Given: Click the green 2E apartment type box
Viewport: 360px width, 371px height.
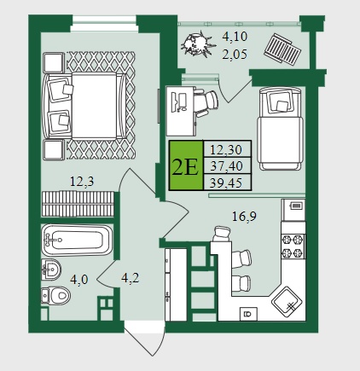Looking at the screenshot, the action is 186,165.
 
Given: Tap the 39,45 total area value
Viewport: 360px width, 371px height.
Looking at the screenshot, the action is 226,183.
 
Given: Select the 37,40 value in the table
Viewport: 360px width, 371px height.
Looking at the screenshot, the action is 227,165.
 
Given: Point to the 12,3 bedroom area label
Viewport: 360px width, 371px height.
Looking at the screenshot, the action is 82,181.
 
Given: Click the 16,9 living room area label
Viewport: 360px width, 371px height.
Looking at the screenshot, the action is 244,217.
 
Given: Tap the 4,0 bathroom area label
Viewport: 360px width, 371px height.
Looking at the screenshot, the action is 79,280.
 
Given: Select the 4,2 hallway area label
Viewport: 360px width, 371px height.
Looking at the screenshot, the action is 131,278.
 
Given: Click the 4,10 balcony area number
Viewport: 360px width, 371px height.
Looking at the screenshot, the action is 235,37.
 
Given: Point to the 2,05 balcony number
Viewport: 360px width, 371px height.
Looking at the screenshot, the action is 235,54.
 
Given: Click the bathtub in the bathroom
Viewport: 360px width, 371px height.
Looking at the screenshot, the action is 77,241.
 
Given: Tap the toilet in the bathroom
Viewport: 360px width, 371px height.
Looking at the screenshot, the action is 55,296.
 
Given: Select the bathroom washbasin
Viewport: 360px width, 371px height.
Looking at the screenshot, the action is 51,270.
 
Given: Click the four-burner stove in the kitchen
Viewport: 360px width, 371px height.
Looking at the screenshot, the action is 293,246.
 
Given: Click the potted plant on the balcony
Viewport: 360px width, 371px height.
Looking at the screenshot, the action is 195,43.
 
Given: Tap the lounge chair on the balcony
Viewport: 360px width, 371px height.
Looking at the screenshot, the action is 282,49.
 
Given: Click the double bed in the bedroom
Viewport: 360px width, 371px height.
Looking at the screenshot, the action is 84,106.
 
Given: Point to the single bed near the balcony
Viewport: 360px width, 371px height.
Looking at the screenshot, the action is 280,129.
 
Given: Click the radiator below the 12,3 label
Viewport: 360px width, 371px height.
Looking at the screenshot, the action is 78,204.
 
